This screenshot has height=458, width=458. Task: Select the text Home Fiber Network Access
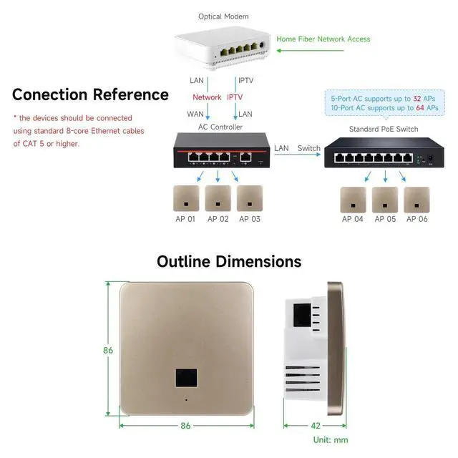pos(323,39)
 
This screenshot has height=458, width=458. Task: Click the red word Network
pos(207,97)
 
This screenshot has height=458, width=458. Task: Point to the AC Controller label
pos(220,127)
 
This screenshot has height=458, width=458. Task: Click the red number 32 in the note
pos(416,97)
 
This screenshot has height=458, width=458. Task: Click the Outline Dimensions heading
pos(229,261)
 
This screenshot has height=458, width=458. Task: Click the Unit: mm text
pos(331,439)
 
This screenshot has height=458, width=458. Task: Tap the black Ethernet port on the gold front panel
pos(186,378)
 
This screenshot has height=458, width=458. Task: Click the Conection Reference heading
pos(90,94)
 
